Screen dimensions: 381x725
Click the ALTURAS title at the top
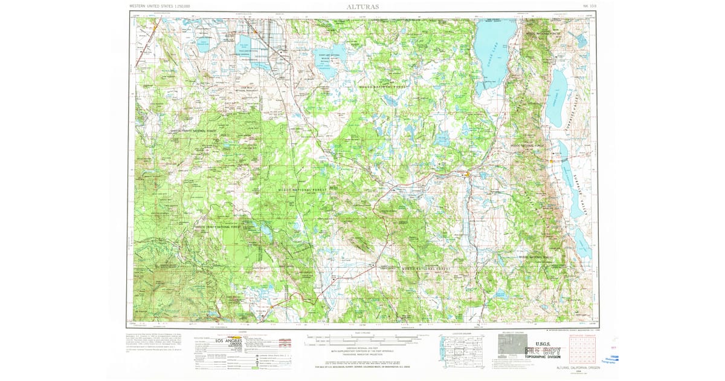pos(362,6)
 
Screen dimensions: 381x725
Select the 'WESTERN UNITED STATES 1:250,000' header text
pos(159,6)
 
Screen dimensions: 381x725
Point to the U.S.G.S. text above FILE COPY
pos(545,342)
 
